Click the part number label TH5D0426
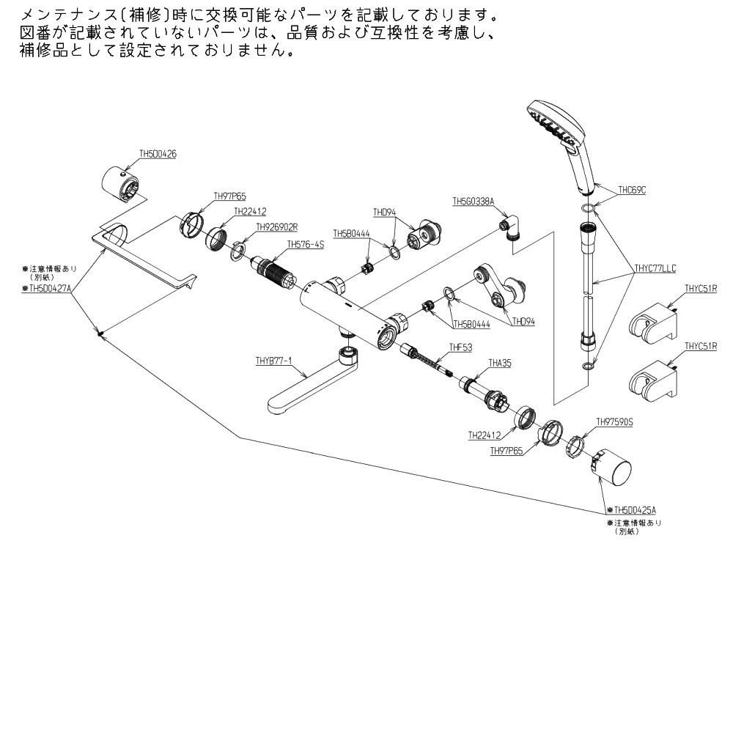[158, 155]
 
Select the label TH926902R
[257, 227]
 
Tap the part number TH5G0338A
[474, 200]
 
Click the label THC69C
[632, 191]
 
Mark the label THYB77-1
[274, 361]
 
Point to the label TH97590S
[614, 422]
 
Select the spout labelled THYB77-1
[308, 385]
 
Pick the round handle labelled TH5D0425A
[612, 469]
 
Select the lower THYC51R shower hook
[655, 381]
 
